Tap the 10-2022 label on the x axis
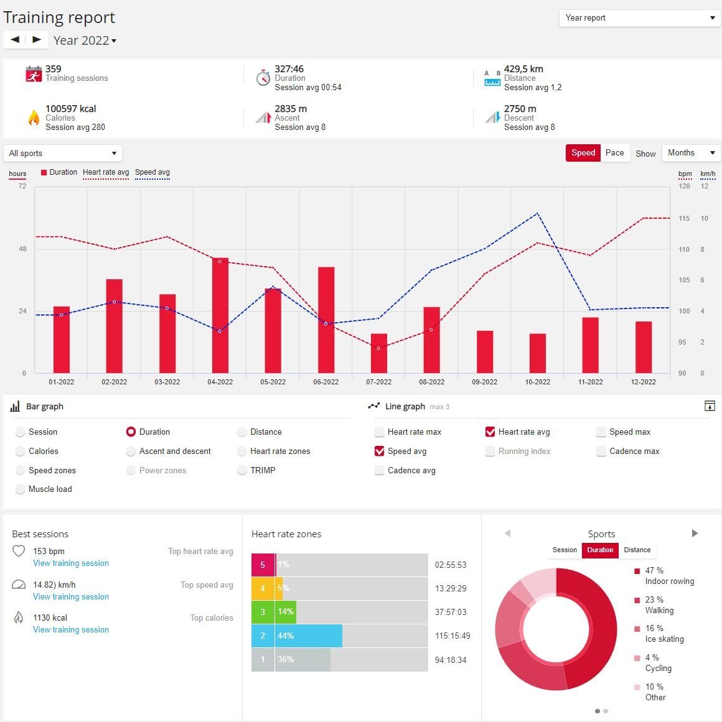click(x=537, y=382)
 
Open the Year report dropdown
click(x=639, y=18)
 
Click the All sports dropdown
click(x=62, y=153)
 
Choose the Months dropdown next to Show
click(x=691, y=153)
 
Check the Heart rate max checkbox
click(x=379, y=432)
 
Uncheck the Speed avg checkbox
click(x=379, y=451)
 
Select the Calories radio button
click(x=21, y=451)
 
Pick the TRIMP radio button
click(x=242, y=471)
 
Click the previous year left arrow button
click(x=15, y=40)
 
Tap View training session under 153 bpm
click(x=71, y=563)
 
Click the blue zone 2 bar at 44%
click(x=309, y=636)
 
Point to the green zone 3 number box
click(x=263, y=612)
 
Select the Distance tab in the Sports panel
click(x=637, y=550)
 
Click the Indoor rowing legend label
click(x=669, y=581)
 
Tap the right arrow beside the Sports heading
click(x=695, y=534)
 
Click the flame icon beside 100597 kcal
click(x=34, y=118)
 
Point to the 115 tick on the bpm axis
click(x=684, y=218)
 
